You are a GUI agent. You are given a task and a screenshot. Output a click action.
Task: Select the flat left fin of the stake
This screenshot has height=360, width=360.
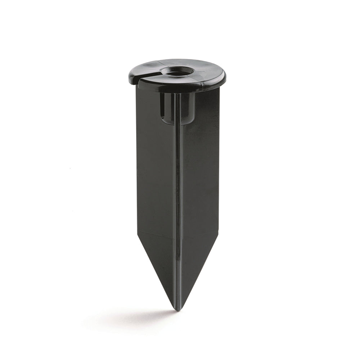tap(155, 173)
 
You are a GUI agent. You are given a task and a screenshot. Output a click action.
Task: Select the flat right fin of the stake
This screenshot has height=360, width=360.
tap(200, 173)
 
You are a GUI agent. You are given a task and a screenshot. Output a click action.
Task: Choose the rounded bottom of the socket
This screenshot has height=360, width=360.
tap(177, 122)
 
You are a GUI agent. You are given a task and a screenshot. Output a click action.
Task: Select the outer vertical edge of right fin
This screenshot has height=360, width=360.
tap(218, 162)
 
